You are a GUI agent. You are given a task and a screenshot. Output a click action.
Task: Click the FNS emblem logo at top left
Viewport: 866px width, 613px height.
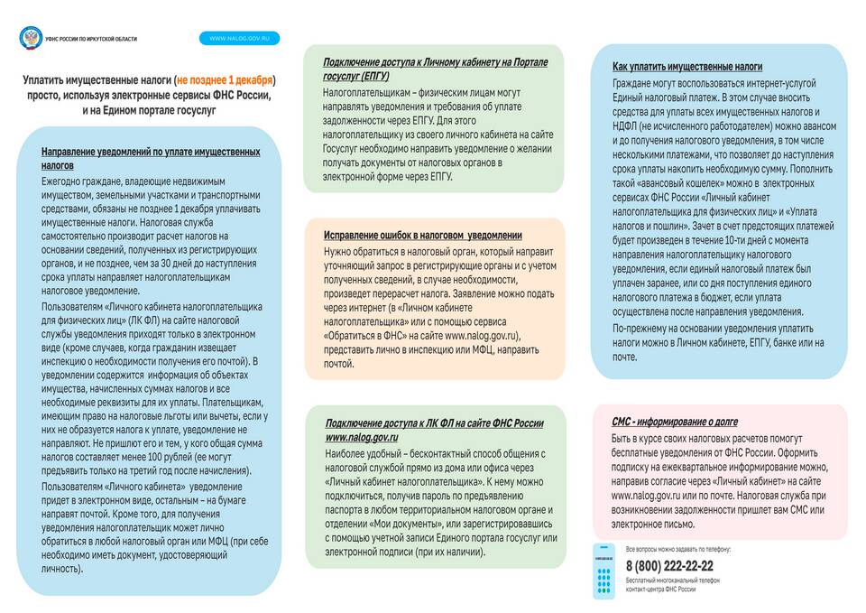30,38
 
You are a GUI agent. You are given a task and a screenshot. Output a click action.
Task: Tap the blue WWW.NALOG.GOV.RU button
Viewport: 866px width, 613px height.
239,38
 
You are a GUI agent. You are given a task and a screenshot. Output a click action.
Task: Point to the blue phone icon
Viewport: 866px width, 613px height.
603,571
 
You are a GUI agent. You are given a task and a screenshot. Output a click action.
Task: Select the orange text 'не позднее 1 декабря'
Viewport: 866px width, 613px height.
226,79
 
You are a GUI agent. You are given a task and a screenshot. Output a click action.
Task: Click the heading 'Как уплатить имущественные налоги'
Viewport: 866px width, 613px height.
686,67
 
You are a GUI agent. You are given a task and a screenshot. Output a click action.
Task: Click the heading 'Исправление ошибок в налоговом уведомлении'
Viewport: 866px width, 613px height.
422,235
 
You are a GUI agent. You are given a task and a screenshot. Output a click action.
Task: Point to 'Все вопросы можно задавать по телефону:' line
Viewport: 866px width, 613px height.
677,549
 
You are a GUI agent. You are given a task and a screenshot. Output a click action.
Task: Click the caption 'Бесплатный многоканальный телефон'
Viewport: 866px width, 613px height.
672,580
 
